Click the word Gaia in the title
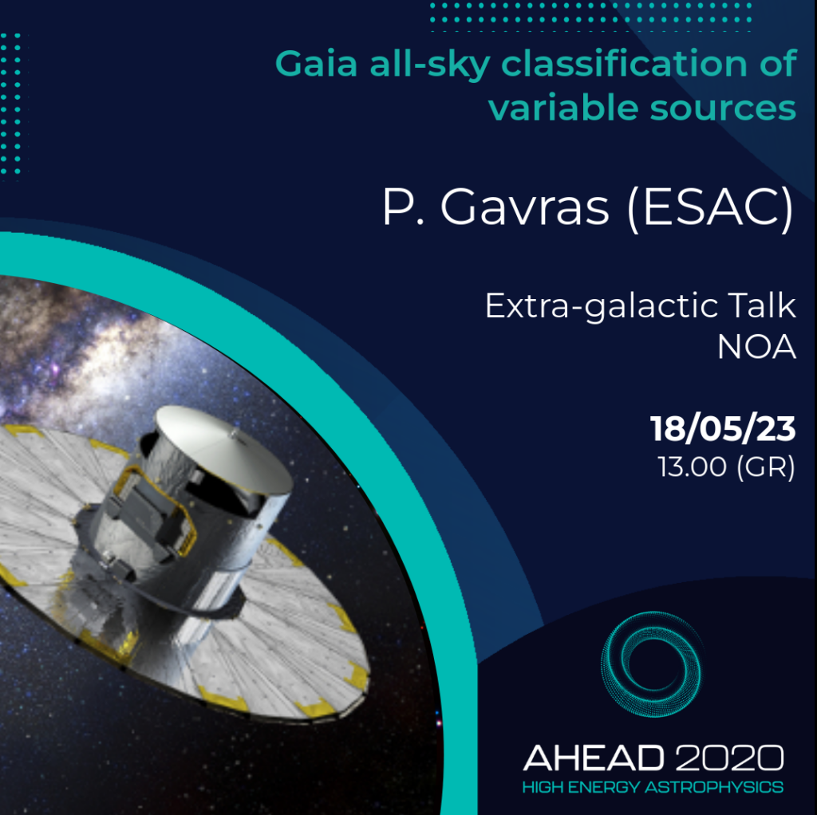[316, 64]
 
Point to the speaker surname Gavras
[525, 207]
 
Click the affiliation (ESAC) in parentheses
[711, 208]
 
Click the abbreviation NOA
[756, 347]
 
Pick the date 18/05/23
[723, 429]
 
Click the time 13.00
[692, 467]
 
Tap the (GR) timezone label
[766, 467]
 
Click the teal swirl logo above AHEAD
[651, 664]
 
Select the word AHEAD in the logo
[594, 758]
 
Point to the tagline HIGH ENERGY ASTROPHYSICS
[653, 787]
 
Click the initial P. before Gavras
[403, 207]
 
